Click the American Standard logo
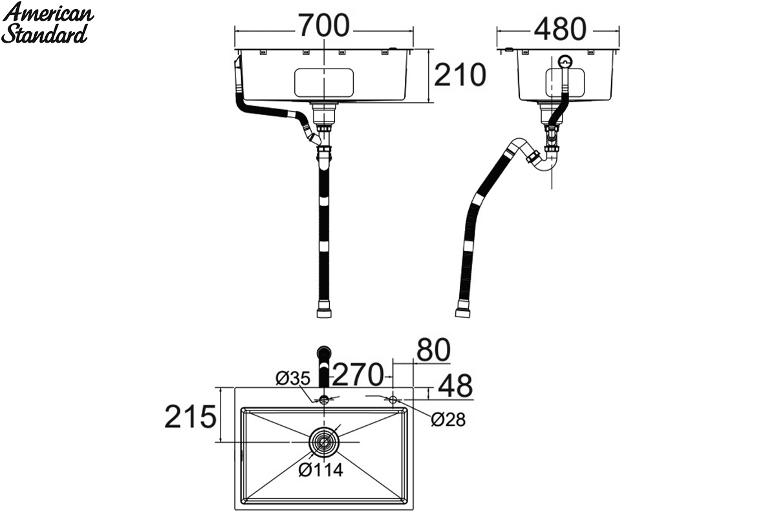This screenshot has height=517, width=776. (x=48, y=23)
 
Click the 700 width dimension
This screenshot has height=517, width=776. (x=324, y=25)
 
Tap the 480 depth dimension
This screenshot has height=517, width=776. (x=560, y=28)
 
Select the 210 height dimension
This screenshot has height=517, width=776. (x=460, y=75)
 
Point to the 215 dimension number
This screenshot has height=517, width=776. (x=190, y=417)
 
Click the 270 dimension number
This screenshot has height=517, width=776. (x=358, y=374)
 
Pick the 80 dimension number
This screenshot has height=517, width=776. (x=433, y=350)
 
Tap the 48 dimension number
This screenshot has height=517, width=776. (x=455, y=385)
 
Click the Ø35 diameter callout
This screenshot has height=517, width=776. (x=293, y=379)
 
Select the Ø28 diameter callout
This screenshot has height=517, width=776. (x=448, y=419)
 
